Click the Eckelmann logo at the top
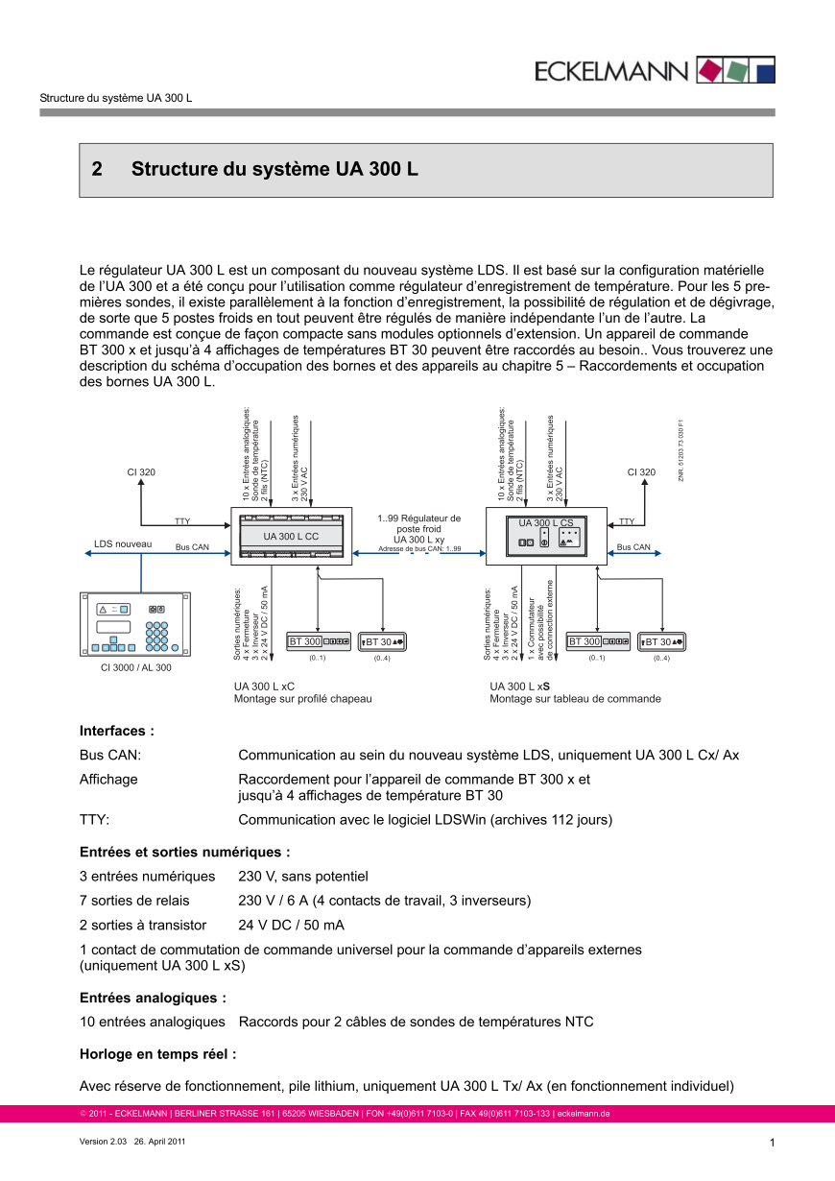(655, 70)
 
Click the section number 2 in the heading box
(97, 170)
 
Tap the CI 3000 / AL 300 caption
(136, 667)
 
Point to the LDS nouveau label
(123, 544)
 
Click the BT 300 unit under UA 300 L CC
(320, 641)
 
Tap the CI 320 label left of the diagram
(141, 471)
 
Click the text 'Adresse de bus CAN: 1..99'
(419, 549)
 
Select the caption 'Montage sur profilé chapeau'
(302, 699)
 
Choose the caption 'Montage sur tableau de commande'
(575, 699)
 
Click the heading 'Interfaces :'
(117, 731)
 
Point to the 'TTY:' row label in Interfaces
(94, 820)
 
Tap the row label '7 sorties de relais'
(134, 901)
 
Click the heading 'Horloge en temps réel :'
(157, 1054)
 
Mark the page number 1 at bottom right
(772, 1142)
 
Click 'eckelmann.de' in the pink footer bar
(584, 1114)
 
